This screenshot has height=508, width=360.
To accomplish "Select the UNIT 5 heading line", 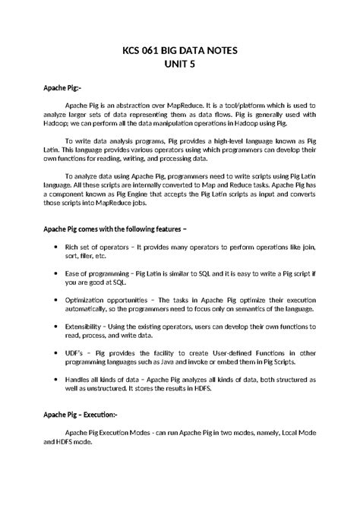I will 179,65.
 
